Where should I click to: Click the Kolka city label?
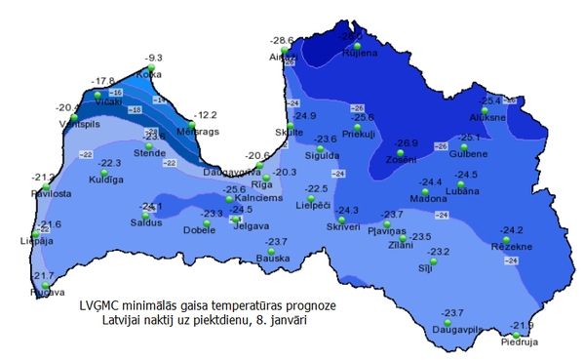(x=149, y=74)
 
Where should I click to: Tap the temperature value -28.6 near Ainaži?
(x=283, y=40)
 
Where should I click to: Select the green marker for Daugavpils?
(x=455, y=323)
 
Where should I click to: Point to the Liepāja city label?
(x=22, y=242)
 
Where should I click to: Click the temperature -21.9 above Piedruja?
(x=522, y=325)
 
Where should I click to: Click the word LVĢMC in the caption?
(x=102, y=304)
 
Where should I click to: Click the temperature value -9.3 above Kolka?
(x=154, y=58)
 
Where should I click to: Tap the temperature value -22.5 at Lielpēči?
(x=317, y=188)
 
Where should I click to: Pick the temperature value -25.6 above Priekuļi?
(x=363, y=117)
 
